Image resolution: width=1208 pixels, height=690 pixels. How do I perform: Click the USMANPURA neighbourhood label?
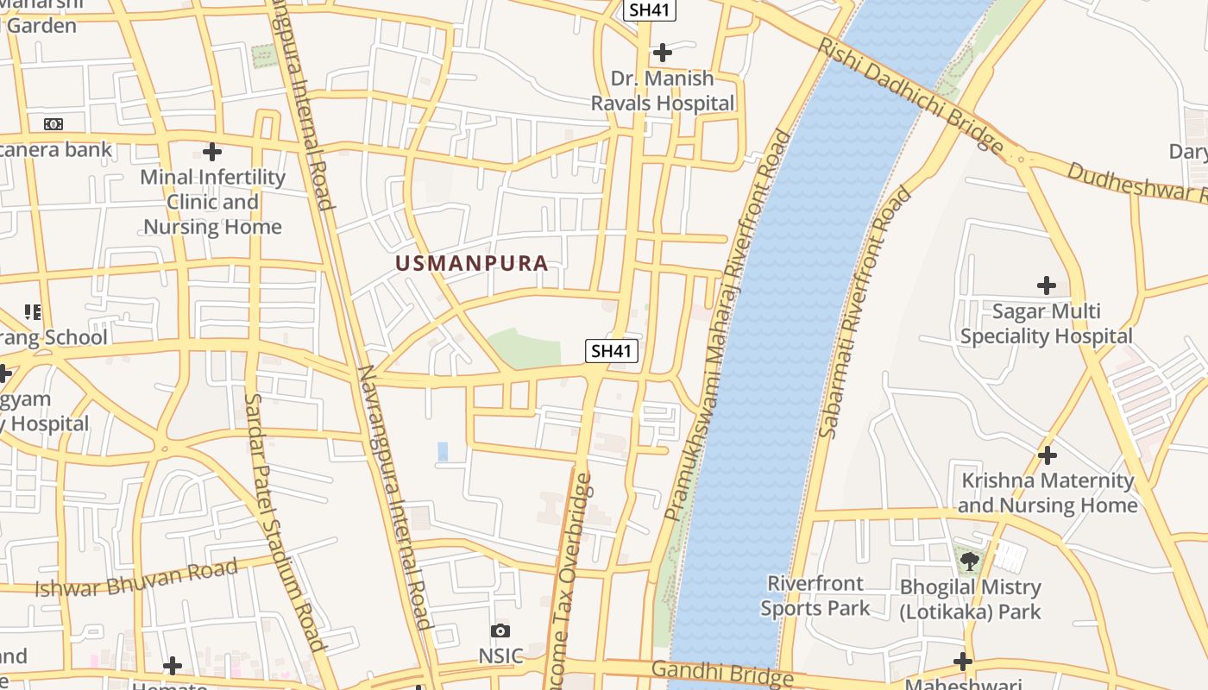click(x=472, y=263)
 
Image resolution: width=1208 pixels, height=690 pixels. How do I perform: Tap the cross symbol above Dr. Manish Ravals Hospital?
click(x=662, y=53)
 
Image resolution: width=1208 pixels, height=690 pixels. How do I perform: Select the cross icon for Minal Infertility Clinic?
click(x=212, y=152)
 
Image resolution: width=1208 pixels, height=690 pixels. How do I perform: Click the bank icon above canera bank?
click(x=53, y=124)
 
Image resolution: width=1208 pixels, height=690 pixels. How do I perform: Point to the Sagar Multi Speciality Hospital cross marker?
click(x=1046, y=285)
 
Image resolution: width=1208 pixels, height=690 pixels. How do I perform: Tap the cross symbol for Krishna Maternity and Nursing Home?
click(x=1048, y=455)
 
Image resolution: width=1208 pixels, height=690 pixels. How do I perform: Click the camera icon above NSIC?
click(x=500, y=631)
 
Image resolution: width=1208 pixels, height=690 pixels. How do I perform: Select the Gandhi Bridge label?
click(x=721, y=673)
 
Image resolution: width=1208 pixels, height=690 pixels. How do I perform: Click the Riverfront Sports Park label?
click(x=815, y=596)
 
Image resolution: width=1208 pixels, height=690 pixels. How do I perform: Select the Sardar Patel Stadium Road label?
click(x=284, y=521)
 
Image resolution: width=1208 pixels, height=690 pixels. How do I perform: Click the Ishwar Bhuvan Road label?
click(x=135, y=579)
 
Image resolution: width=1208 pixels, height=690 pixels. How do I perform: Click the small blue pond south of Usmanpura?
click(x=443, y=451)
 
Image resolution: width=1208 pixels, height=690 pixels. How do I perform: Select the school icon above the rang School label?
click(x=33, y=311)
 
